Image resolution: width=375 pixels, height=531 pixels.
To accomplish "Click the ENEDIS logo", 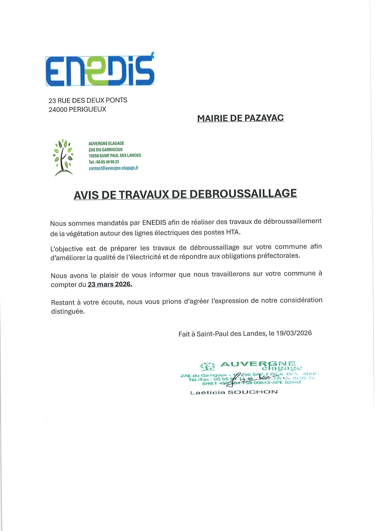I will pyautogui.click(x=100, y=70).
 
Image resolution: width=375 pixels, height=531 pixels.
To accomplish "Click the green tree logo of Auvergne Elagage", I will pyautogui.click(x=64, y=157).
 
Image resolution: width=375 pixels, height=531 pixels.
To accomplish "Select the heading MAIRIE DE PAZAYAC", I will pyautogui.click(x=240, y=118).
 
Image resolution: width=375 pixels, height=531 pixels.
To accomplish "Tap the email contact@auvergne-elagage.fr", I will pyautogui.click(x=113, y=168).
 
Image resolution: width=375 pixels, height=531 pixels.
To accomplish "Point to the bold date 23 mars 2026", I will pyautogui.click(x=110, y=284).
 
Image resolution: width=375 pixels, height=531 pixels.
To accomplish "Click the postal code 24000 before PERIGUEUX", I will pyautogui.click(x=58, y=110).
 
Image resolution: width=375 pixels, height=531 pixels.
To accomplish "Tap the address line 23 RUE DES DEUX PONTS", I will pyautogui.click(x=88, y=100).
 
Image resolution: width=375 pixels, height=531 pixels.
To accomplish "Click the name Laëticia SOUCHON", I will pyautogui.click(x=234, y=392).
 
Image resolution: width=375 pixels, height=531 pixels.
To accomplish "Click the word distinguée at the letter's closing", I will pyautogui.click(x=68, y=311).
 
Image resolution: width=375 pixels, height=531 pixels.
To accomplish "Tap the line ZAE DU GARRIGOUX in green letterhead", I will pyautogui.click(x=106, y=149).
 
